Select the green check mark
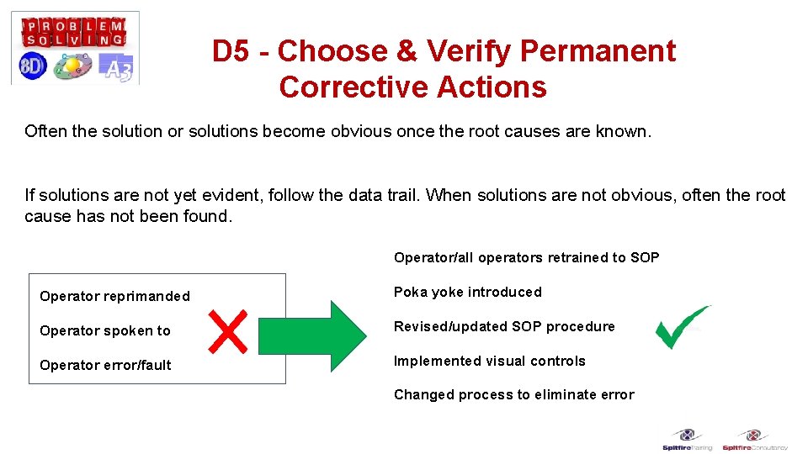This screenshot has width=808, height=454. click(x=682, y=327)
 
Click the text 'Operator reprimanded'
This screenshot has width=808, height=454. click(x=114, y=296)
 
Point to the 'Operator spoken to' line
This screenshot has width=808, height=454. click(x=105, y=330)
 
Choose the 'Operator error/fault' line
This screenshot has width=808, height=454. click(x=105, y=365)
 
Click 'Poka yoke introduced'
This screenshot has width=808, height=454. click(x=467, y=292)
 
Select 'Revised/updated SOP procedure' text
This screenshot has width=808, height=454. click(x=504, y=326)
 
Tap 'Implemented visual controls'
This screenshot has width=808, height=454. click(x=489, y=361)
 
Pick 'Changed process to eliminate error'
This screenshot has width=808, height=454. click(x=513, y=394)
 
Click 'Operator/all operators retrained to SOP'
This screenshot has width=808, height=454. click(x=526, y=257)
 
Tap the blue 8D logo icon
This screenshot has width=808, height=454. click(x=32, y=66)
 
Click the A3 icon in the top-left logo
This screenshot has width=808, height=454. click(x=115, y=67)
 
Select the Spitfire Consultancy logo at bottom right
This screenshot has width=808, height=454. click(x=754, y=441)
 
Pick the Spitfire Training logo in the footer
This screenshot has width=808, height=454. click(x=687, y=441)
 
